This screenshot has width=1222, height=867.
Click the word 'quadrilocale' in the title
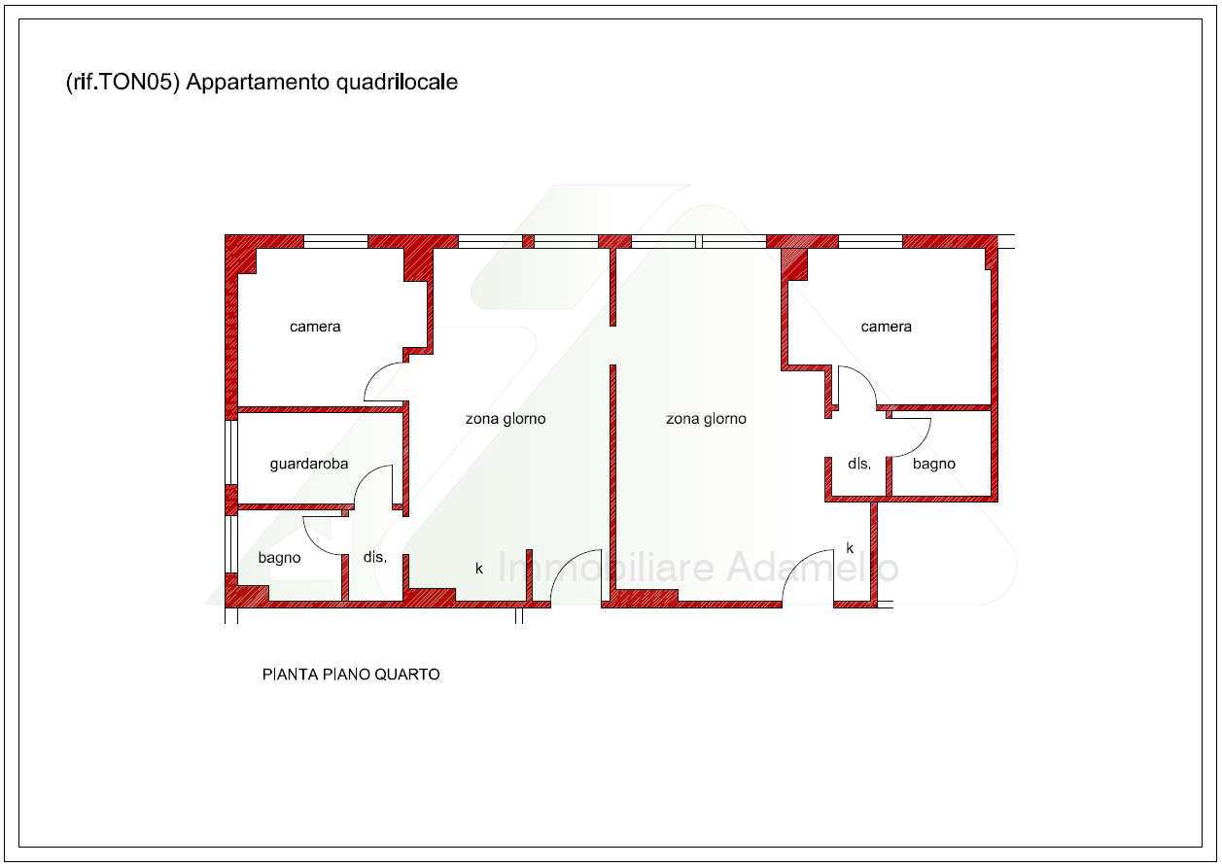point(397,83)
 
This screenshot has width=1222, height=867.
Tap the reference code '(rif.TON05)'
point(122,83)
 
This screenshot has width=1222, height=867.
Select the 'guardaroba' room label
point(309,464)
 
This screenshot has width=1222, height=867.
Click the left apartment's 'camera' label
point(315,327)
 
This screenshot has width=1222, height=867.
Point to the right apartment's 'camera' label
point(886,327)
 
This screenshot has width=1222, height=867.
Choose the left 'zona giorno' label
point(506,419)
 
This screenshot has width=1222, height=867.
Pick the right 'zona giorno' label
point(706,419)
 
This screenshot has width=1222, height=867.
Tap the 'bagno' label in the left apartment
point(279,558)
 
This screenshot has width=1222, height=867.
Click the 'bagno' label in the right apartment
point(934,464)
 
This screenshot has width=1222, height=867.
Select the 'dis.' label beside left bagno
point(375,557)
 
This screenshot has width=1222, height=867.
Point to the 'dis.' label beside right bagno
point(859,464)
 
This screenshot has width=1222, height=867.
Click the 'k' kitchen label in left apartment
point(479,569)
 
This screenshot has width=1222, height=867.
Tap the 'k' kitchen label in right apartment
point(850,548)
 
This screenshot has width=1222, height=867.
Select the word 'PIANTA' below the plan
point(291,675)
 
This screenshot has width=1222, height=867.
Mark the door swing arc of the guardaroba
point(366,475)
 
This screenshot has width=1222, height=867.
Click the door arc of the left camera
point(375,373)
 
